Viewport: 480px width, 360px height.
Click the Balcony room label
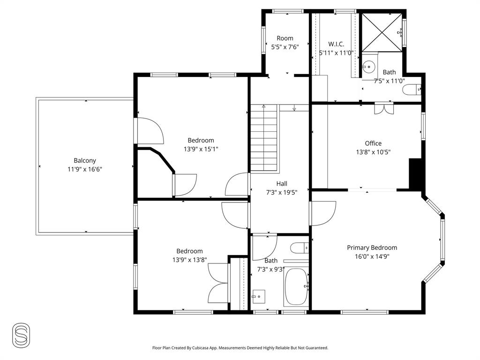tap(84, 160)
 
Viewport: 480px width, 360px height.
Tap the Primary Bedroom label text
tap(372, 247)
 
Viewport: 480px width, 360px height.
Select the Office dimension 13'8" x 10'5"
tap(373, 152)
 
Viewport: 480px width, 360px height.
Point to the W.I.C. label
tap(336, 44)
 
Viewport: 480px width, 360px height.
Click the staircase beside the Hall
tap(264, 138)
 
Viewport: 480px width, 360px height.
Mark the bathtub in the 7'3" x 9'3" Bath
tap(296, 286)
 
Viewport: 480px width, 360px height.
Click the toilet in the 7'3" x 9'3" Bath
tap(299, 247)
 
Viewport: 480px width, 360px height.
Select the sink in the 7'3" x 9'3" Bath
tap(258, 296)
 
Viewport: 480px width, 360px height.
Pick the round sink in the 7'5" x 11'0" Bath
tap(369, 67)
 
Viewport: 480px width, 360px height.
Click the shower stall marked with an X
tap(382, 31)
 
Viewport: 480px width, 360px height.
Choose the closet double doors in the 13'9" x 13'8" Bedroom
tap(218, 283)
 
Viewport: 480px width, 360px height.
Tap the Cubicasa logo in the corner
tap(21, 335)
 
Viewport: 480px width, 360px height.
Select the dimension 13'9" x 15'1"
tap(201, 149)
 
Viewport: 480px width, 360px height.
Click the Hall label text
tap(281, 184)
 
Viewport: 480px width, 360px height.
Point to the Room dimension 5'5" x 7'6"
tap(285, 47)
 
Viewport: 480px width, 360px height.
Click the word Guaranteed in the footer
tap(315, 348)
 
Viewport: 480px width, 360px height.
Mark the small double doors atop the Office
tap(384, 109)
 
